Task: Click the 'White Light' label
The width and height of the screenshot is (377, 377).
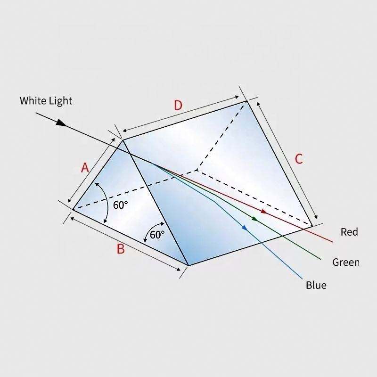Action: coord(46,100)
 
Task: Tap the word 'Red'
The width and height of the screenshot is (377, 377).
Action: coord(349,232)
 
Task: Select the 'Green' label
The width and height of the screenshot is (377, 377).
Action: coord(346,262)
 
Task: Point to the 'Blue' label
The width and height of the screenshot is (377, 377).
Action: coord(316,285)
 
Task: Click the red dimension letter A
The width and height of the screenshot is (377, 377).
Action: coord(85,167)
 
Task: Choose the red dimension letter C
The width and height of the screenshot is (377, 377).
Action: coord(298,159)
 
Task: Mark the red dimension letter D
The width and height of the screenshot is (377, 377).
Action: coord(178,105)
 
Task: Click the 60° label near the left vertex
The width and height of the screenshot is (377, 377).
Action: coord(120,205)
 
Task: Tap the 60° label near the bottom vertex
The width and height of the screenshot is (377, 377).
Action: coord(157,235)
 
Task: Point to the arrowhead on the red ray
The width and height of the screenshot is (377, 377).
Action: coord(264,212)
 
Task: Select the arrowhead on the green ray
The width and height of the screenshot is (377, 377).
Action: coord(255,219)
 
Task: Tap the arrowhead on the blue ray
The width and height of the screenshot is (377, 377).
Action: coord(245,228)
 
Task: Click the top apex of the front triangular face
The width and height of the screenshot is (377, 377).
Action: coord(123,139)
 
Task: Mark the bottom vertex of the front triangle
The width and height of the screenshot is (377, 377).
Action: coord(188,265)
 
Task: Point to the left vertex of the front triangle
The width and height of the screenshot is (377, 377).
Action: coord(73,209)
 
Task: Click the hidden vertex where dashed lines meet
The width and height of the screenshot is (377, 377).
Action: coord(197,169)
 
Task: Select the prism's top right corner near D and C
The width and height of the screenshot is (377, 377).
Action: coord(246,101)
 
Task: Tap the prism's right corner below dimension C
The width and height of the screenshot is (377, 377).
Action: coord(312,227)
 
